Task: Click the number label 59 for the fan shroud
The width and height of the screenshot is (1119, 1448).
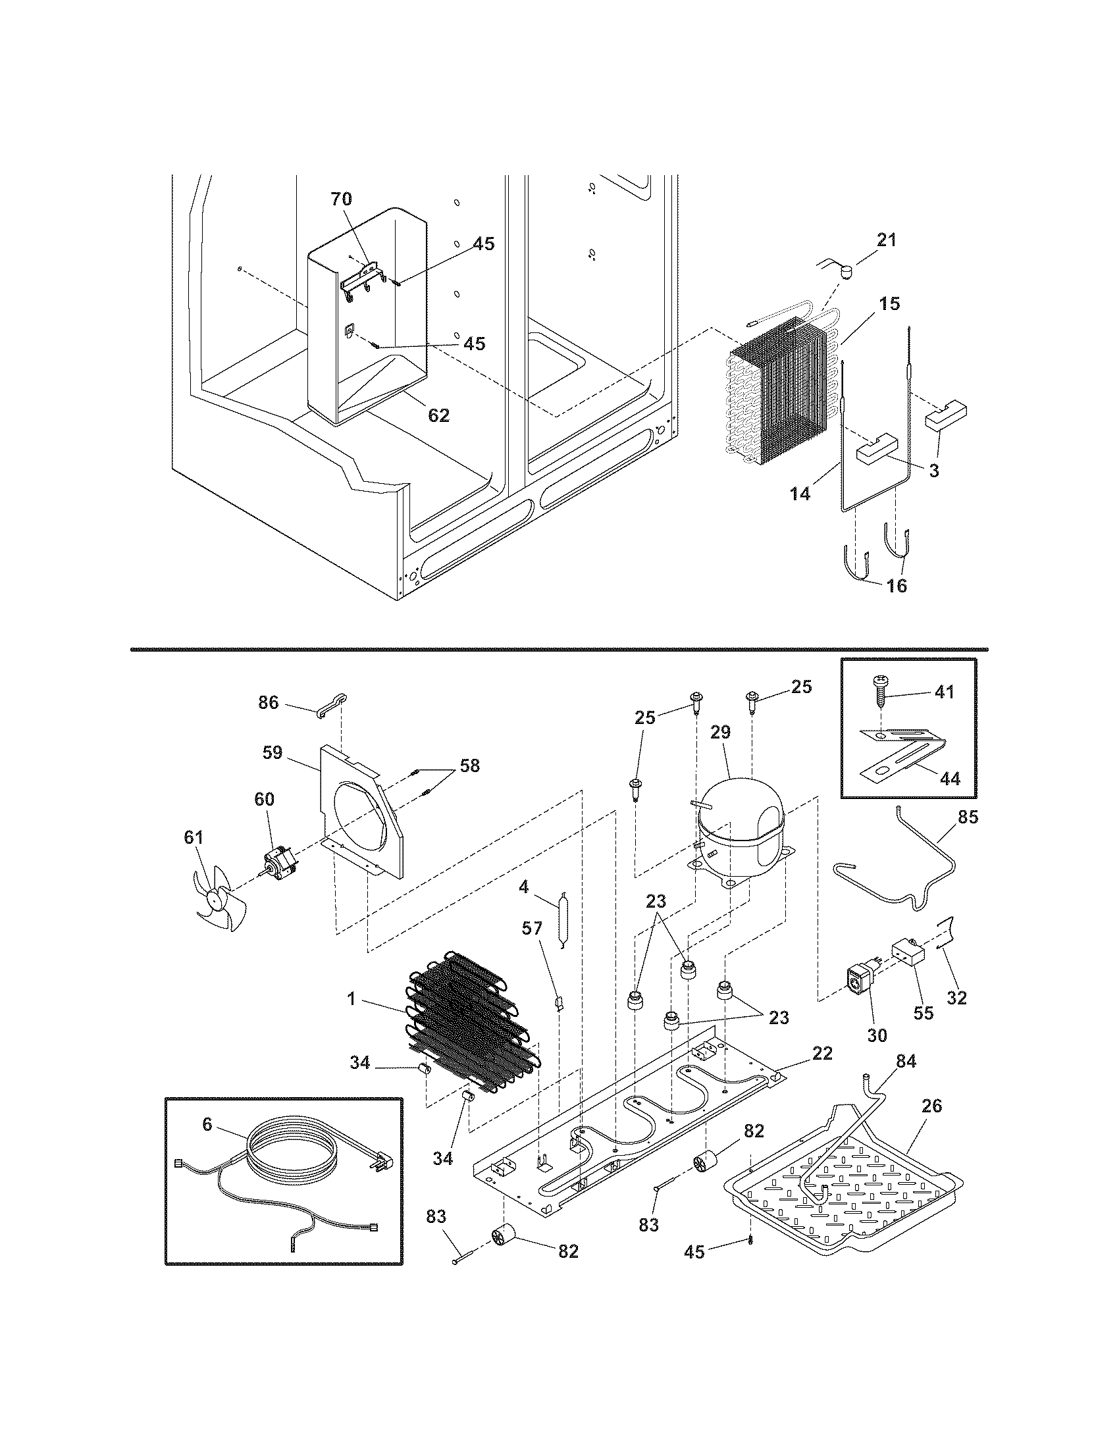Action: tap(272, 752)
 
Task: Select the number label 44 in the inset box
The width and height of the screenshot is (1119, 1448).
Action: tap(950, 779)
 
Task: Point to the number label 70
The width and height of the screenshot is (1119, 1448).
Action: tap(342, 199)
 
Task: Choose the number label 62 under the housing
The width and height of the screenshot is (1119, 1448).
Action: tap(439, 416)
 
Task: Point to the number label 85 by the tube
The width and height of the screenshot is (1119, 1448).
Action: tap(968, 817)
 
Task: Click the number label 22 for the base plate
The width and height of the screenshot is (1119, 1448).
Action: tap(822, 1053)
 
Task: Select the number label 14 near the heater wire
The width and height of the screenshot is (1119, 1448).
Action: tap(800, 493)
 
